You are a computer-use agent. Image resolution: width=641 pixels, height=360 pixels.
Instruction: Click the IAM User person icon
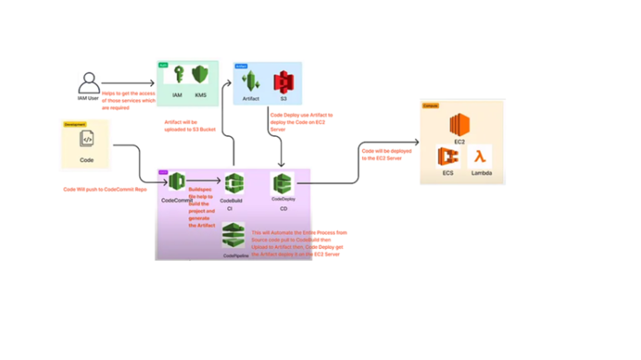[x=88, y=83]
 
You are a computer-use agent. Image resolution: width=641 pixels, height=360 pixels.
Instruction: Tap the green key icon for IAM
[x=177, y=76]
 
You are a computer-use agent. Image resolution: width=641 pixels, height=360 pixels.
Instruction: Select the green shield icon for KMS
[x=199, y=76]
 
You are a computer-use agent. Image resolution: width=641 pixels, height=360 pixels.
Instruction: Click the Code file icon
[x=85, y=139]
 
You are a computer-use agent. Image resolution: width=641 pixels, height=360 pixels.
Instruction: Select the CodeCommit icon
[x=176, y=181]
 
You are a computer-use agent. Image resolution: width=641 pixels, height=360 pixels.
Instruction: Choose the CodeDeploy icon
[x=283, y=182]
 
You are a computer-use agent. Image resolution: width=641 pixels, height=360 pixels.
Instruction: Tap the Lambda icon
[x=480, y=155]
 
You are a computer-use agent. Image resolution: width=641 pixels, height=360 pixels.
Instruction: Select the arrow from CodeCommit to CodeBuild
[x=204, y=180]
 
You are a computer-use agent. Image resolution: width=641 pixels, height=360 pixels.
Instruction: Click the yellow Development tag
[x=74, y=124]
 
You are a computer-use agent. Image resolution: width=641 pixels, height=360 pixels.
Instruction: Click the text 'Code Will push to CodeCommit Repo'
[x=104, y=190]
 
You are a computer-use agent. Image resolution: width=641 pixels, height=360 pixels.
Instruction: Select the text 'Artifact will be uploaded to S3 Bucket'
[x=192, y=124]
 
